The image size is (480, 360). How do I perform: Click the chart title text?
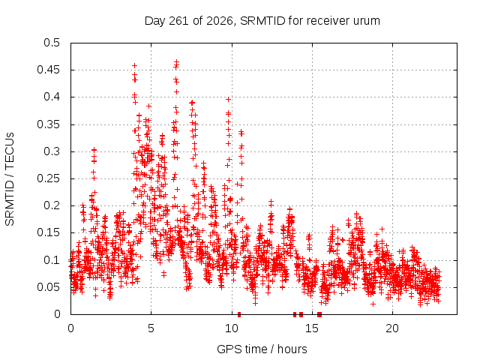pyautogui.click(x=262, y=21)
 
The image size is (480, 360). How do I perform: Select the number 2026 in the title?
pyautogui.click(x=220, y=21)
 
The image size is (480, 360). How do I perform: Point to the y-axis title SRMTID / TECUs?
pyautogui.click(x=10, y=179)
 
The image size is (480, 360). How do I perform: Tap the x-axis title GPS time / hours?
pyautogui.click(x=262, y=349)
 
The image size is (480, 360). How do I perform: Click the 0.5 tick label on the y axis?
pyautogui.click(x=52, y=43)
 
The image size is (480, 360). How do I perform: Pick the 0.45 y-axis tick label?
pyautogui.click(x=48, y=70)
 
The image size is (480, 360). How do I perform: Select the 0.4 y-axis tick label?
pyautogui.click(x=52, y=97)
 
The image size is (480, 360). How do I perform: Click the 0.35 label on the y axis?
pyautogui.click(x=48, y=124)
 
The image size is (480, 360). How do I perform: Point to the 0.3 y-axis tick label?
pyautogui.click(x=52, y=151)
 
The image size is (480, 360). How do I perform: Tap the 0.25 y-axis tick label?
pyautogui.click(x=48, y=178)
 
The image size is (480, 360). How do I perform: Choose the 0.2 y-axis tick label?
pyautogui.click(x=52, y=205)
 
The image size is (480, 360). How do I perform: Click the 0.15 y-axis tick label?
pyautogui.click(x=48, y=232)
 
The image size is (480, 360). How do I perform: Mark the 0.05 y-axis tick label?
pyautogui.click(x=48, y=287)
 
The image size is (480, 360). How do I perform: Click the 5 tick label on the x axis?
pyautogui.click(x=151, y=328)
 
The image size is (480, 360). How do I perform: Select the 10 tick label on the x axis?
pyautogui.click(x=232, y=328)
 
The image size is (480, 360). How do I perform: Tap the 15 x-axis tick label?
pyautogui.click(x=312, y=328)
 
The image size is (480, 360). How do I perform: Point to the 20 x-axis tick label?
pyautogui.click(x=392, y=328)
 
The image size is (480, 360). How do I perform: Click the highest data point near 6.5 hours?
pyautogui.click(x=177, y=61)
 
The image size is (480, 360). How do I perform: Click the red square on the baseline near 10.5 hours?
pyautogui.click(x=239, y=314)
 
